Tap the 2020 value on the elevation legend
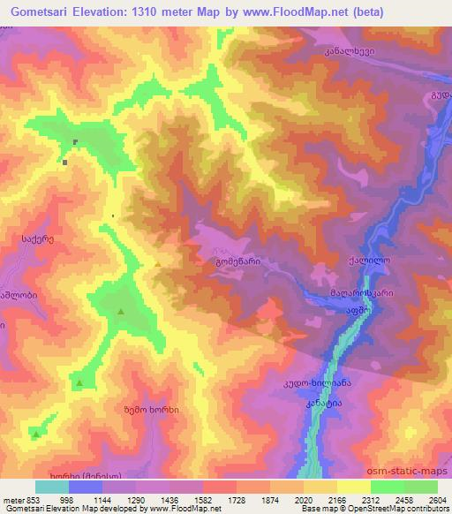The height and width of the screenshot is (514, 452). [x=303, y=500]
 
